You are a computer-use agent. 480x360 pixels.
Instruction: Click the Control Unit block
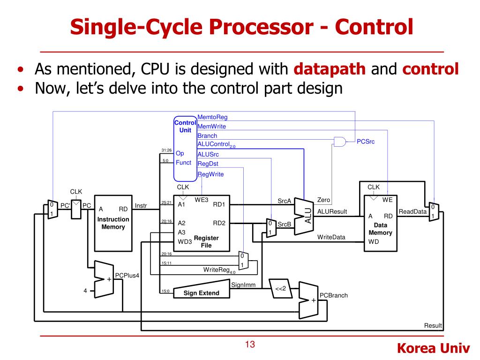tap(185, 148)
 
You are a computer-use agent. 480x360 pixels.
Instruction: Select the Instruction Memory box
tap(113, 223)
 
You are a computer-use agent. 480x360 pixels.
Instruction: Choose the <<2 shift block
tap(280, 289)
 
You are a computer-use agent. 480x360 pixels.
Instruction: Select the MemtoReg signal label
tap(212, 117)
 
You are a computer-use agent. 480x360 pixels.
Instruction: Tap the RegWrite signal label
tap(210, 174)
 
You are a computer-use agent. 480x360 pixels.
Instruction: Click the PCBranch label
tap(333, 295)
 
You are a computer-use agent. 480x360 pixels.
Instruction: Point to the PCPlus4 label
tap(127, 276)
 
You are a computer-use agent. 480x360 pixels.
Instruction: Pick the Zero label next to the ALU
tap(323, 200)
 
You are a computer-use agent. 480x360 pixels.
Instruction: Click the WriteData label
tap(331, 237)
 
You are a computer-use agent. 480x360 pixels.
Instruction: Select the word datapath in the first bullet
tap(330, 69)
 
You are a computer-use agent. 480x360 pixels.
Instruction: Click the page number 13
tap(250, 345)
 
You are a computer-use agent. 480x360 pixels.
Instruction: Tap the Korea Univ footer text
tap(434, 348)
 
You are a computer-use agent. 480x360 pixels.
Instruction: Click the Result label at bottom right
tap(433, 326)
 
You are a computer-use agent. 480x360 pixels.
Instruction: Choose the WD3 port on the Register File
tap(185, 242)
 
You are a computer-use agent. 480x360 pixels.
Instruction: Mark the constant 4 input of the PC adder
tap(85, 291)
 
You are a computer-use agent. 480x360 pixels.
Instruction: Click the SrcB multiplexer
tap(270, 228)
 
